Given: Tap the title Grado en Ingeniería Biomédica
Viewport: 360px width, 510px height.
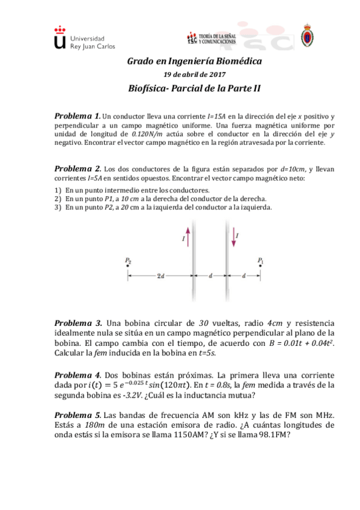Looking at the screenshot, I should (195, 61).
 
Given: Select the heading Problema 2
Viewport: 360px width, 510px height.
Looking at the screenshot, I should (77, 169).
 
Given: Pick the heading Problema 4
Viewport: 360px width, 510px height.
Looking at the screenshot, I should (76, 374).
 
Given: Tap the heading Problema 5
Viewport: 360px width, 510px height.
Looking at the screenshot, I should (77, 414).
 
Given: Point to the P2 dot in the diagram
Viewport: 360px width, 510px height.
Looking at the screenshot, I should (127, 267).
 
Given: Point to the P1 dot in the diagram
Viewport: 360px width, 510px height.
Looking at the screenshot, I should (260, 267).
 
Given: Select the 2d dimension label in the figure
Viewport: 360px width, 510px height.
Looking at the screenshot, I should (159, 277).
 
